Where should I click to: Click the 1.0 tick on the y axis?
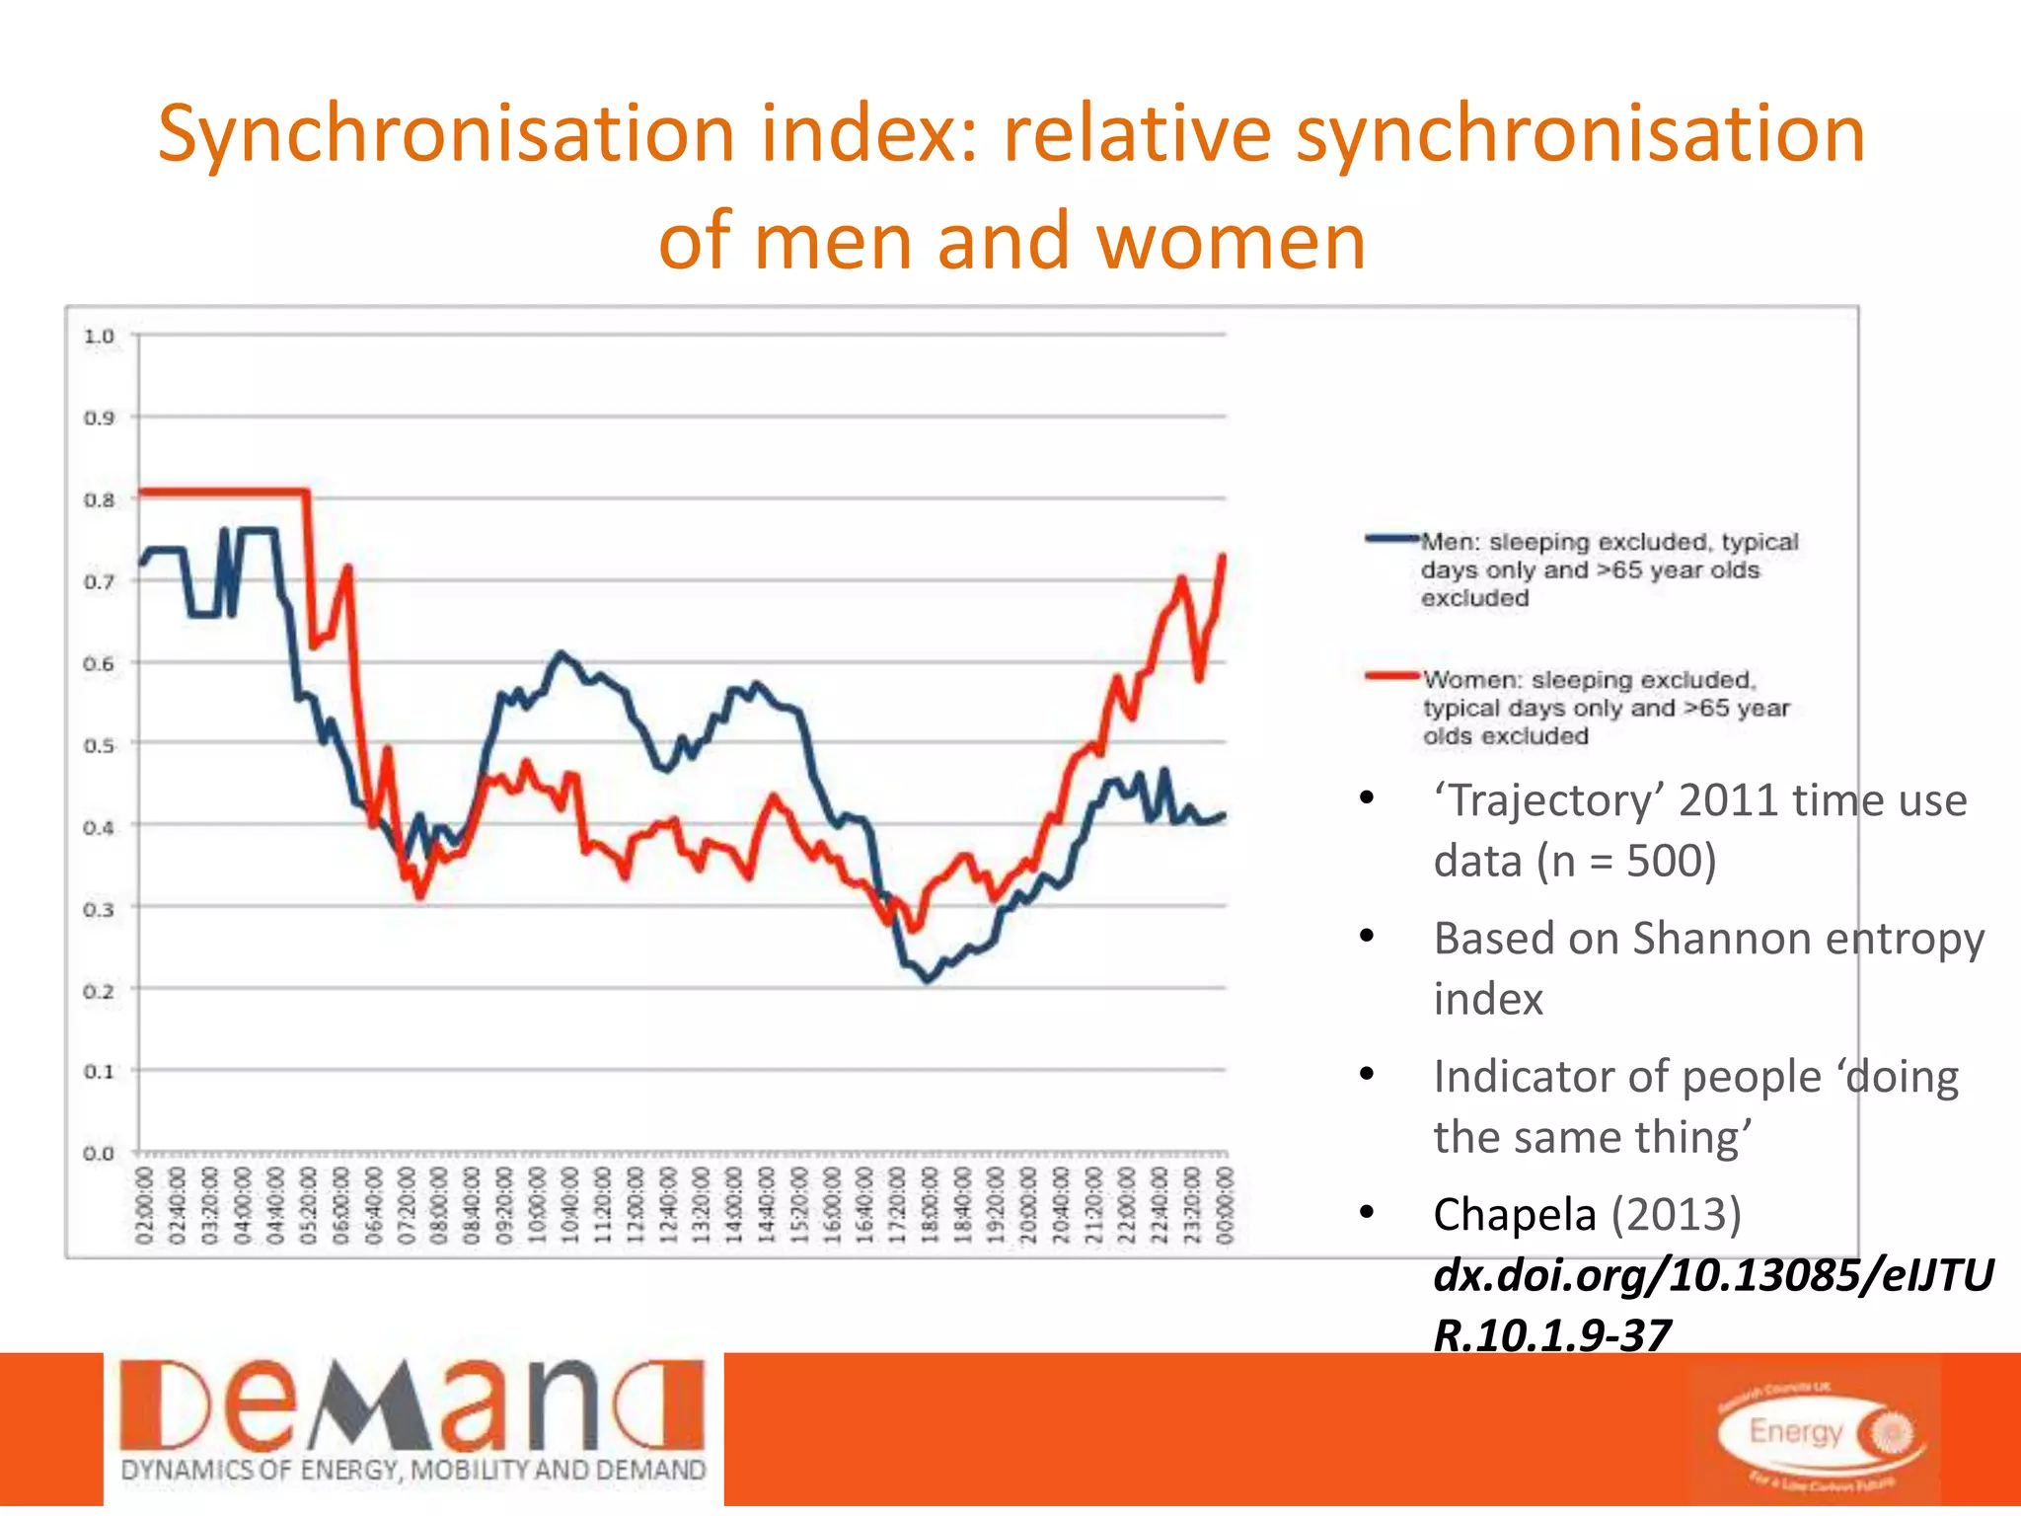coord(99,337)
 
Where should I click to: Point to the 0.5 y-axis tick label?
coord(99,745)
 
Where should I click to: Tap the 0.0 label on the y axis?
coord(99,1153)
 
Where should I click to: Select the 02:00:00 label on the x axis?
coord(145,1205)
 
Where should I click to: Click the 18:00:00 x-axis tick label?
coord(930,1205)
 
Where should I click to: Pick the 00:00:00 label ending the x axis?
coord(1225,1205)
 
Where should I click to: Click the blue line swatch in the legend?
coord(1391,539)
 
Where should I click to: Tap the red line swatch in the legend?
coord(1391,676)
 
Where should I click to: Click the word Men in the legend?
coord(1449,542)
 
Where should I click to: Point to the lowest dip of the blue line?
coord(927,981)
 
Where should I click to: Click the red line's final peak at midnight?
coord(1224,557)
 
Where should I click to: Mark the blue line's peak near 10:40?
coord(561,653)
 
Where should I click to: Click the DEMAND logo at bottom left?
coord(412,1428)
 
